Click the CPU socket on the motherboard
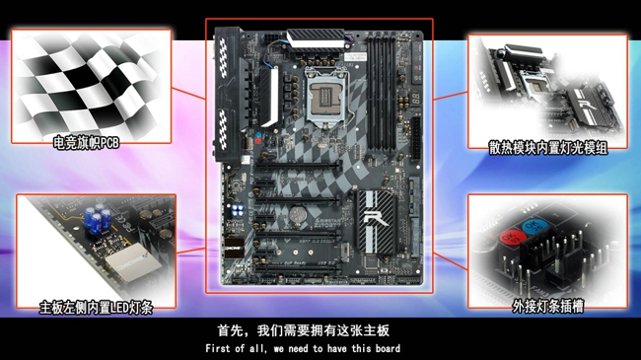point(326,97)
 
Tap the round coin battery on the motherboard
point(297,214)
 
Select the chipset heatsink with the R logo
point(376,221)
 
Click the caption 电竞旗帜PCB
point(86,143)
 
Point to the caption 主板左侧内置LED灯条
point(96,307)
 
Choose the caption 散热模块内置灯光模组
point(547,148)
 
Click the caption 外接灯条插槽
point(547,306)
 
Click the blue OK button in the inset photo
point(534,226)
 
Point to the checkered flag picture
point(91,86)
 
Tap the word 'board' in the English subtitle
point(388,348)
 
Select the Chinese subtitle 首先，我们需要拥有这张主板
point(304,330)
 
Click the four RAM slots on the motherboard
point(381,94)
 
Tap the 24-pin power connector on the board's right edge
point(416,138)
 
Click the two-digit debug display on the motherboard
point(416,99)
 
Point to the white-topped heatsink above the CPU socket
point(316,40)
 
